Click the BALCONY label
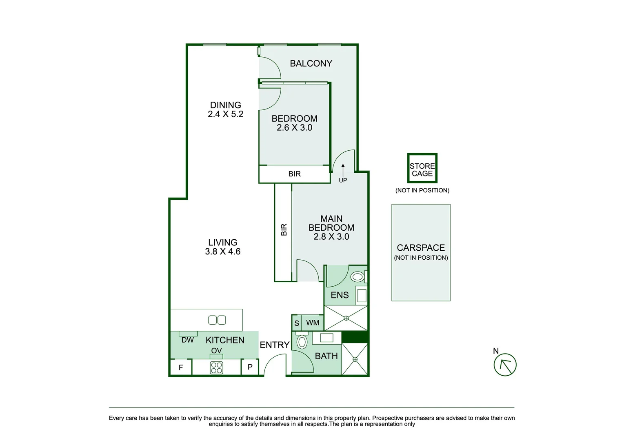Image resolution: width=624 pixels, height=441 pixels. coord(311,64)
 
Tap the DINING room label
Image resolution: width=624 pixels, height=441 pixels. coord(225,105)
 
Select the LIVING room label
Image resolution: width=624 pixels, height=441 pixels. coord(222,242)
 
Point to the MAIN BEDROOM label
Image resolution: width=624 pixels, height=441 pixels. coord(331,223)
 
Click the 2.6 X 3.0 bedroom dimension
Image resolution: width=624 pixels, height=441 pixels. coord(294,128)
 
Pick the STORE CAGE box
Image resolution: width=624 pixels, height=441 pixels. coord(422,168)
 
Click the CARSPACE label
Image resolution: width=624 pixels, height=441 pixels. coord(421,247)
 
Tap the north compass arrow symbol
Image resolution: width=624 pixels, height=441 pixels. coord(505,365)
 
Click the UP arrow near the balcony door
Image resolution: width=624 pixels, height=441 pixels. coord(343,170)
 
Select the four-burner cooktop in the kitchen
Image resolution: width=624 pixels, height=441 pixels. coord(216,367)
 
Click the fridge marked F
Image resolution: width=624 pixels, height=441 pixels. coord(181,367)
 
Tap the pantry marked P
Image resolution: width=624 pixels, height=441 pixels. coord(250,367)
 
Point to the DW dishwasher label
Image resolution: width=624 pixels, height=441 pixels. coord(187,340)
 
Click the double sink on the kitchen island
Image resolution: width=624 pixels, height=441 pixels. coord(217,320)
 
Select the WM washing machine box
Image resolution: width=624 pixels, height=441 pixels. coord(313,323)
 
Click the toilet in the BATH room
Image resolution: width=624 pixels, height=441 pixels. coord(302,341)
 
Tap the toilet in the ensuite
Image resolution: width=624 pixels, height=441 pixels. coord(358,277)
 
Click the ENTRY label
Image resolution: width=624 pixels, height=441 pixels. coord(275,345)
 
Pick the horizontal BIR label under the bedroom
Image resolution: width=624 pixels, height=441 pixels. coord(294,174)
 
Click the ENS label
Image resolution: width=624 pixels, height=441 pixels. coord(340,295)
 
